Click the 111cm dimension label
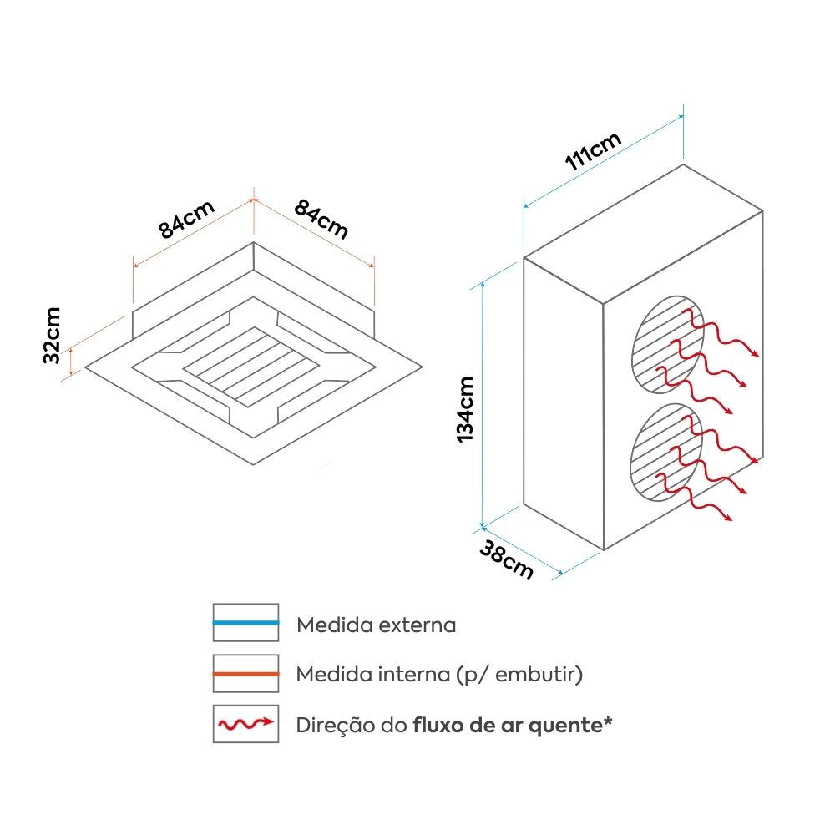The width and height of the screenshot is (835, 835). click(594, 151)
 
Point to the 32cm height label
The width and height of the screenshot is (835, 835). click(51, 336)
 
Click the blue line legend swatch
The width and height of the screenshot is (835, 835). click(245, 623)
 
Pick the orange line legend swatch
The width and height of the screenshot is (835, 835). click(245, 673)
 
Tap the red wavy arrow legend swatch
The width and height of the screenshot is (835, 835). click(245, 723)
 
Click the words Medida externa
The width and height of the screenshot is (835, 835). click(376, 625)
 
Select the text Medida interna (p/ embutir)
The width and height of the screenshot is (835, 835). click(439, 675)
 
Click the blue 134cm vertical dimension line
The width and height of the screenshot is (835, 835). click(483, 401)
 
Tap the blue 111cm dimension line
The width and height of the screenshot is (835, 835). click(603, 160)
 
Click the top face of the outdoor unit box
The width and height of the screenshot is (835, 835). click(643, 234)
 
